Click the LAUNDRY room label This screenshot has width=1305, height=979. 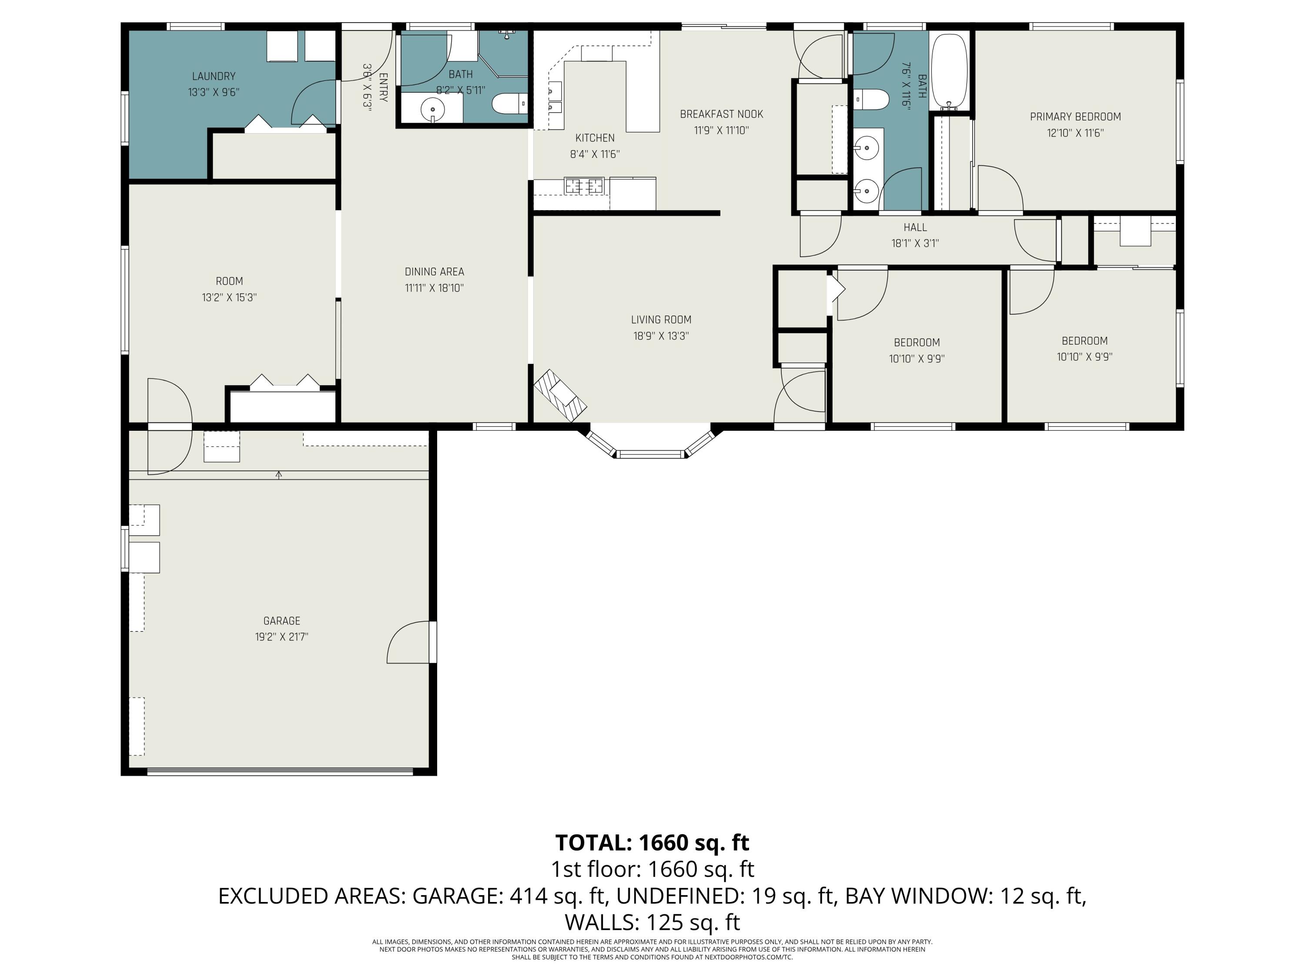coord(214,76)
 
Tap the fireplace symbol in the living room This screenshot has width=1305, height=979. coord(560,396)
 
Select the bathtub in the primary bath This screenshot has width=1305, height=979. coord(949,71)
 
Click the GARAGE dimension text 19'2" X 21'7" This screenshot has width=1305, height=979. coord(278,637)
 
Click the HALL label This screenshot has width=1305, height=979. coord(915,227)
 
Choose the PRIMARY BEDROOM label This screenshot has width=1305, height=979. coord(1075,117)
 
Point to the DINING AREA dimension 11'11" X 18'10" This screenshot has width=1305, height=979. coord(434,288)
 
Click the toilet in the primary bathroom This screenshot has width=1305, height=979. coord(871,99)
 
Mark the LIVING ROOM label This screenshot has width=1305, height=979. coord(661,320)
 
